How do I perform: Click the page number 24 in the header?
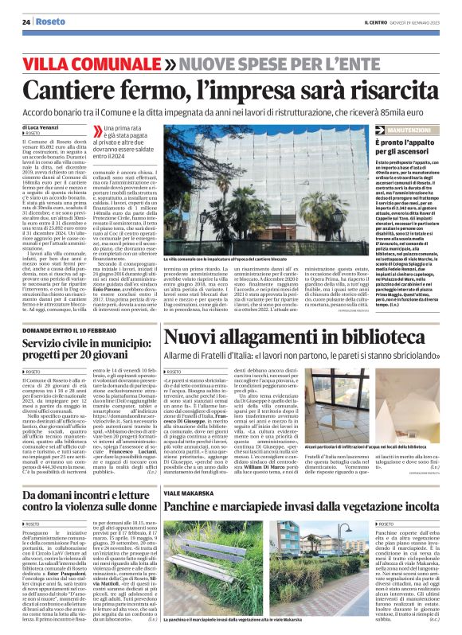coord(26,22)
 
